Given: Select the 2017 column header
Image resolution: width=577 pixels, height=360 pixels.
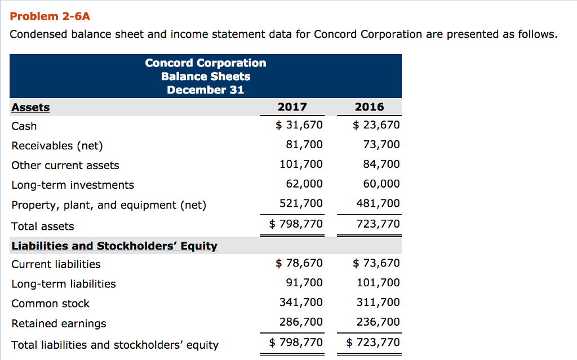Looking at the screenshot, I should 292,107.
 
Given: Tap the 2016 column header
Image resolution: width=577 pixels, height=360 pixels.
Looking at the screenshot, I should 370,107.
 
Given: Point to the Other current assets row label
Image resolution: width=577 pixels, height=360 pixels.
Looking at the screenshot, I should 65,165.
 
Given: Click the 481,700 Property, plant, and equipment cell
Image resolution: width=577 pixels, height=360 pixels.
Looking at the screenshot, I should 378,203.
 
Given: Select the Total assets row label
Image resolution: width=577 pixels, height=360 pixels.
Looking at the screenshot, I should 43,226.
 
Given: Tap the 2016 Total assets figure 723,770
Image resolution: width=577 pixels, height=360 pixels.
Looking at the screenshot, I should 378,224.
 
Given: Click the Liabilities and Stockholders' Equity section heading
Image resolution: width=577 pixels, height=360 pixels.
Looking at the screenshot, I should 114,246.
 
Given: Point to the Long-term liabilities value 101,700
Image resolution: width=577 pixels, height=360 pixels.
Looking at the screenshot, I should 378,283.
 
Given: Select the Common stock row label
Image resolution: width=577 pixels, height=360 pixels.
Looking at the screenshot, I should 51,304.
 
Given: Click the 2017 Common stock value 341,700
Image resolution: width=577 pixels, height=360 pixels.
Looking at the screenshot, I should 301,303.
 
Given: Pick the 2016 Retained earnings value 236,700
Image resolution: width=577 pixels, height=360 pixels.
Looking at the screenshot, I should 378,322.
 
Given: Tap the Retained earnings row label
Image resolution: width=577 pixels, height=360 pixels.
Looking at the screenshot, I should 59,323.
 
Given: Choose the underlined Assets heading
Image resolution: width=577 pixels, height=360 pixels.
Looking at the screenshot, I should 30,108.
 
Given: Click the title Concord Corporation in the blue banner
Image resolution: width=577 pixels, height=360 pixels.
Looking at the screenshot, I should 206,63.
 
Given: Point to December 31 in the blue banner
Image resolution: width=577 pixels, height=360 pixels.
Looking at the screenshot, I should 206,90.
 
